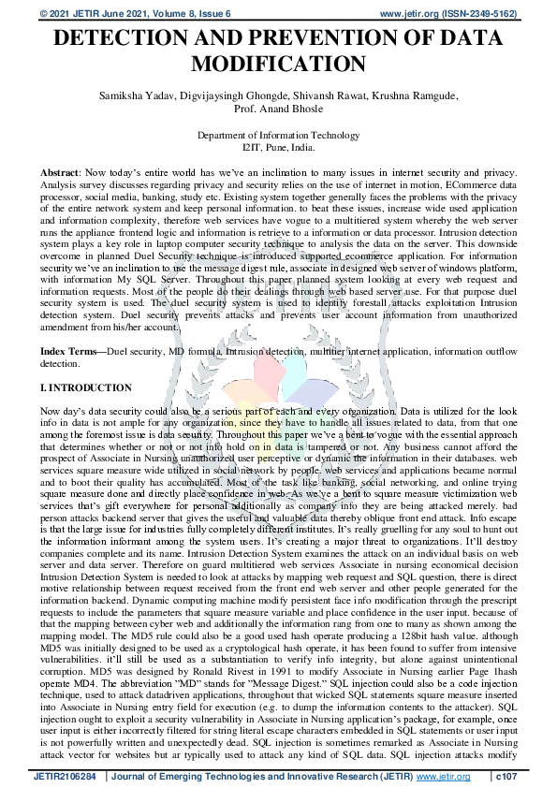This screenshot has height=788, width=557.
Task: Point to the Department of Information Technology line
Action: (x=278, y=136)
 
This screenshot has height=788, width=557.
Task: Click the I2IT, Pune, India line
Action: (x=278, y=147)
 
